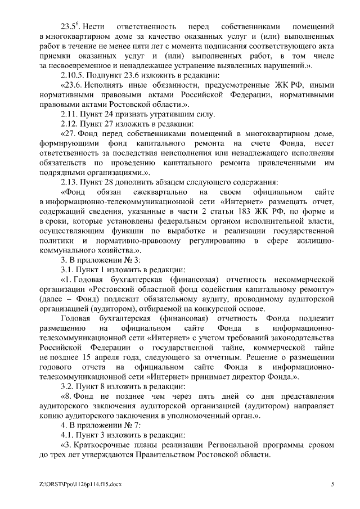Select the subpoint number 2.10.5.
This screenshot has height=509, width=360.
[x=73, y=75]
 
